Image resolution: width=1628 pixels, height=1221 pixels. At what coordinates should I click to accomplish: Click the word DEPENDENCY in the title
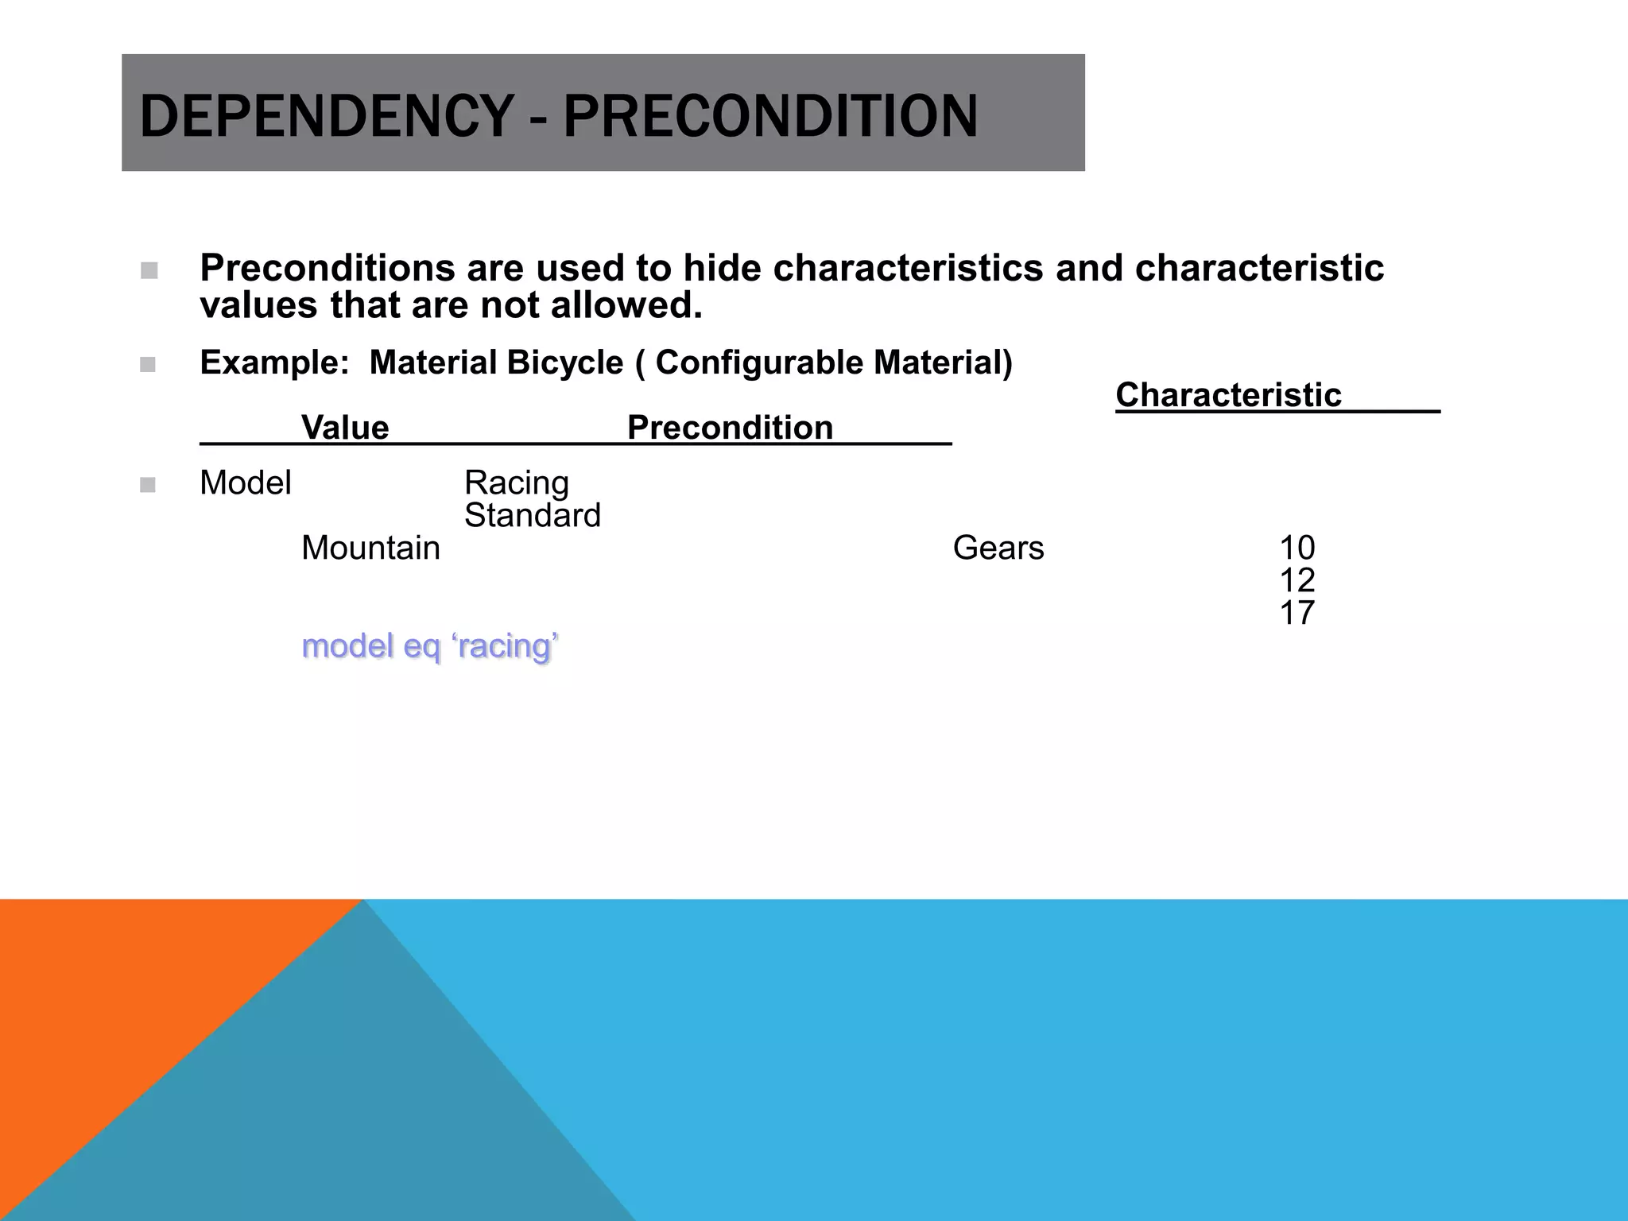tap(326, 116)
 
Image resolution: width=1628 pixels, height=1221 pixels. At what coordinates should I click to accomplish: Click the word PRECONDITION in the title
tap(770, 116)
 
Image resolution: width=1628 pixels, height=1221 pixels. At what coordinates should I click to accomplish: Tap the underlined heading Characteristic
tap(1228, 395)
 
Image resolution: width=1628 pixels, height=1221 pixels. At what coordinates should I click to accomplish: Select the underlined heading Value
tap(345, 428)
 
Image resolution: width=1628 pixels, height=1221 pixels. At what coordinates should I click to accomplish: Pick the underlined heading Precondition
tap(730, 428)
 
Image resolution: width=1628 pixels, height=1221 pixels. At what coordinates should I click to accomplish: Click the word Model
tap(246, 483)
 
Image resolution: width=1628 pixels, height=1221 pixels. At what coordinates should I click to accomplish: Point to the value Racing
tap(517, 483)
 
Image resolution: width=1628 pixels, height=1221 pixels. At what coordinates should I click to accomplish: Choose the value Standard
tap(533, 516)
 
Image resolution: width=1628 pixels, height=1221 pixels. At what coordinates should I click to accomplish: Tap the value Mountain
tap(370, 548)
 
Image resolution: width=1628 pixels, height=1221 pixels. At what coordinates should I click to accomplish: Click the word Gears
tap(998, 548)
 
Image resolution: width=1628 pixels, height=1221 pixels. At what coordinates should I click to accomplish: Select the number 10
tap(1297, 548)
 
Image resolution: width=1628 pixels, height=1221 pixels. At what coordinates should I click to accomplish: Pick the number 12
tap(1297, 581)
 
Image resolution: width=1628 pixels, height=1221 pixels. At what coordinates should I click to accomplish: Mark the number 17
tap(1297, 614)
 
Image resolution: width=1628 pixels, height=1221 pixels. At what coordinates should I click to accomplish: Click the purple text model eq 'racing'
tap(430, 646)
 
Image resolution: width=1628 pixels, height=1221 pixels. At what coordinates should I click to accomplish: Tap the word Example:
tap(274, 363)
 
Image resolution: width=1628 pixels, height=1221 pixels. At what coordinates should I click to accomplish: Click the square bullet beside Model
tap(148, 485)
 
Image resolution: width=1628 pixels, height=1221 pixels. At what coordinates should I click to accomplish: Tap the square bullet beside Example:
tap(148, 365)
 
